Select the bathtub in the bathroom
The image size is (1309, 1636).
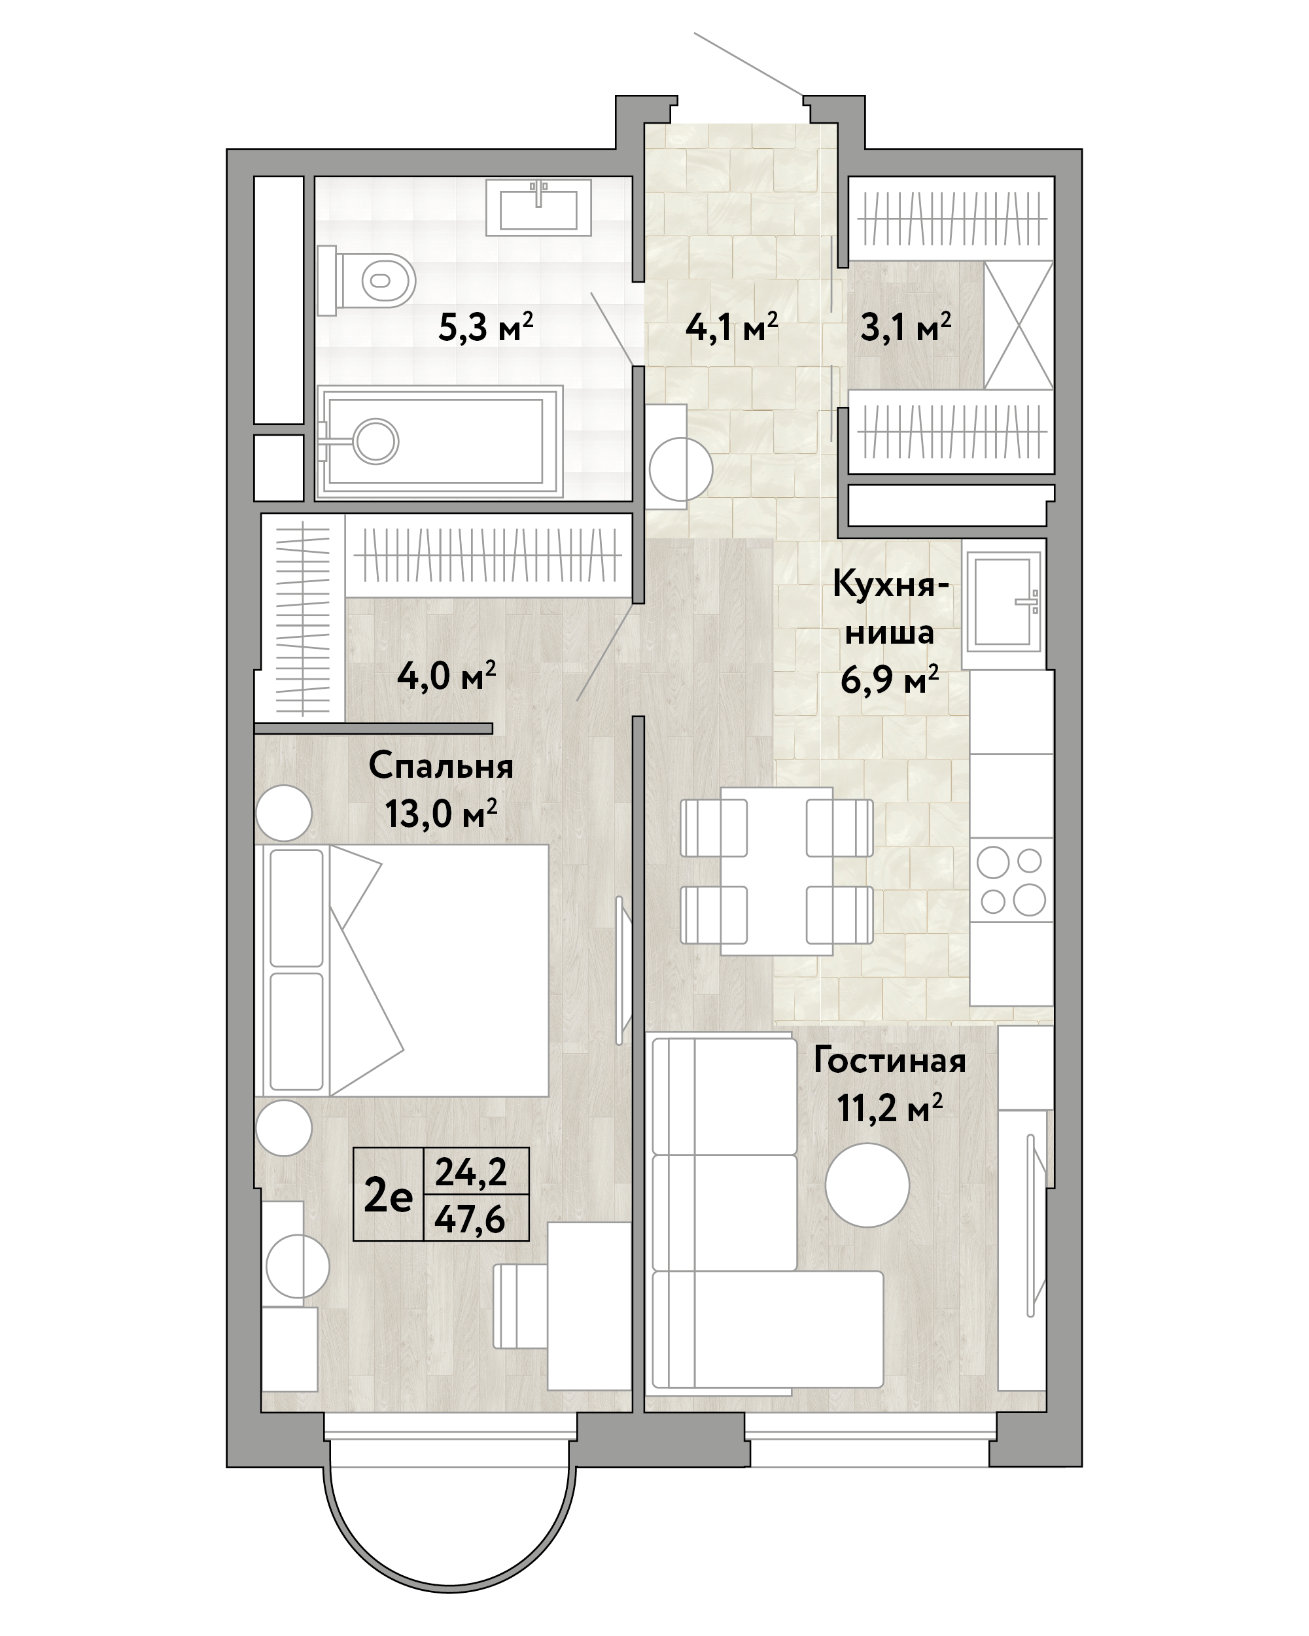click(x=440, y=442)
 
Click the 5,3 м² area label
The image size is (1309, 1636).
click(x=485, y=328)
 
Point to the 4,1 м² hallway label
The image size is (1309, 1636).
click(x=731, y=328)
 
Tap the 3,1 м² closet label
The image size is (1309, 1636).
click(x=905, y=328)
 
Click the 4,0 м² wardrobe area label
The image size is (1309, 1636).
click(x=447, y=675)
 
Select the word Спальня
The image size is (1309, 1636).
click(x=441, y=767)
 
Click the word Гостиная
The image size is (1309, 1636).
click(x=890, y=1061)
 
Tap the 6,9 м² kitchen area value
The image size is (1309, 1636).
click(x=890, y=679)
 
